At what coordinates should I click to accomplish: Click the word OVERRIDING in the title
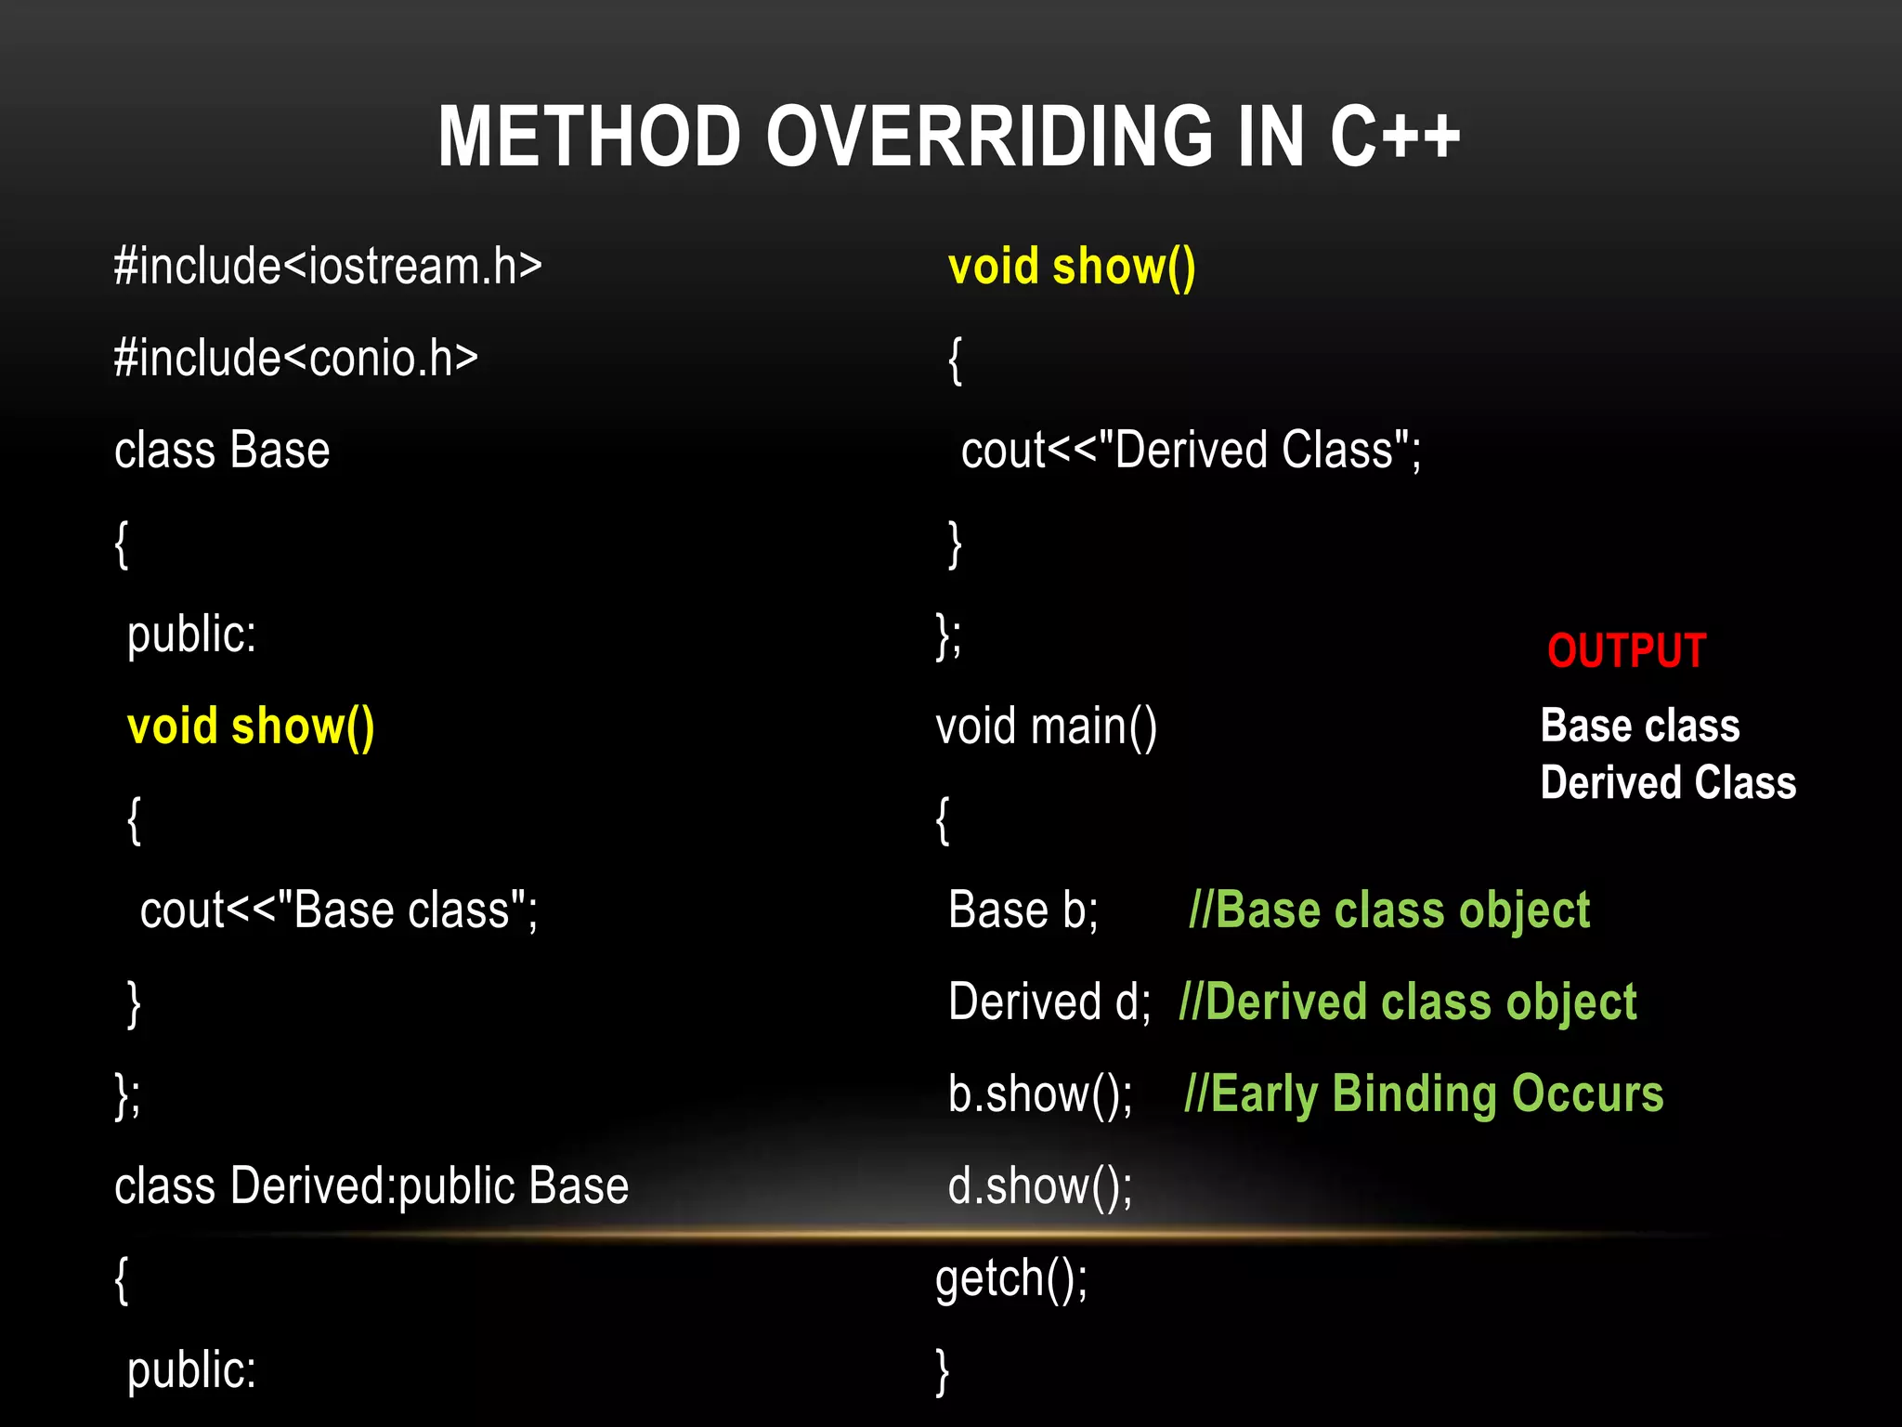pyautogui.click(x=990, y=137)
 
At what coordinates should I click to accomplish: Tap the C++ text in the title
pyautogui.click(x=1394, y=137)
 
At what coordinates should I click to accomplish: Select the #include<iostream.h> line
pyautogui.click(x=327, y=267)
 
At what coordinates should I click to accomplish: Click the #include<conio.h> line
pyautogui.click(x=295, y=359)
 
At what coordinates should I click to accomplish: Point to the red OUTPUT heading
pyautogui.click(x=1626, y=650)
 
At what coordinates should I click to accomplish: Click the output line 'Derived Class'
pyautogui.click(x=1667, y=782)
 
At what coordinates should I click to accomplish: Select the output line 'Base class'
pyautogui.click(x=1639, y=726)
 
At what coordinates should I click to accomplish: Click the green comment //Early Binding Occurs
pyautogui.click(x=1424, y=1094)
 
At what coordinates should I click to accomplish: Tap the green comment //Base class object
pyautogui.click(x=1388, y=910)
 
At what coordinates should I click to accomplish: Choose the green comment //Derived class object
pyautogui.click(x=1407, y=1002)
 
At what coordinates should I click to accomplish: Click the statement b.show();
pyautogui.click(x=1040, y=1094)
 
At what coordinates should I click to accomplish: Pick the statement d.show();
pyautogui.click(x=1040, y=1186)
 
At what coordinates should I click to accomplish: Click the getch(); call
pyautogui.click(x=1011, y=1279)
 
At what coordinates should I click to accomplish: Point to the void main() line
pyautogui.click(x=1046, y=727)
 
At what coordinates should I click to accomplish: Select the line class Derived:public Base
pyautogui.click(x=371, y=1186)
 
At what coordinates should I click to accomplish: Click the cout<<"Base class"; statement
pyautogui.click(x=338, y=910)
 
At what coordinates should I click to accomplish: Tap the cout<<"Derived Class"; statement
pyautogui.click(x=1191, y=451)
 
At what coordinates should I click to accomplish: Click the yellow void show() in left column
pyautogui.click(x=251, y=727)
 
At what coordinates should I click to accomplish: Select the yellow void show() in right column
pyautogui.click(x=1072, y=267)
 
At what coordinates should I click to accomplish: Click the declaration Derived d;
pyautogui.click(x=1049, y=1002)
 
